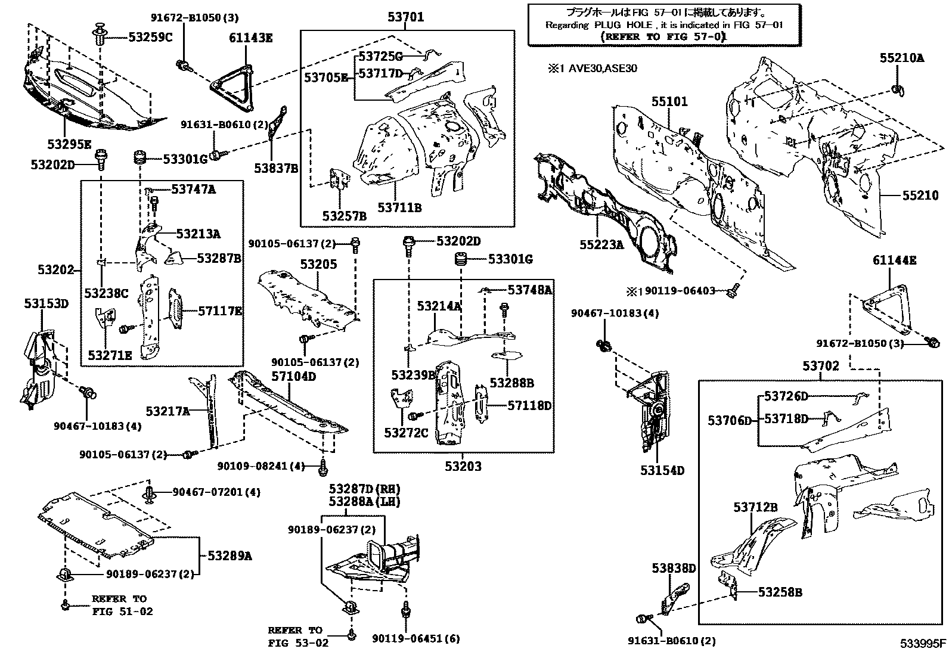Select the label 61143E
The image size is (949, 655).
pyautogui.click(x=250, y=38)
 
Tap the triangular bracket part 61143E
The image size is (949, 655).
pyautogui.click(x=233, y=87)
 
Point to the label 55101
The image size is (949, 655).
pyautogui.click(x=669, y=102)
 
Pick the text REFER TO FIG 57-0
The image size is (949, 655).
pyautogui.click(x=663, y=36)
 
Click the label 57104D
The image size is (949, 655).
pyautogui.click(x=294, y=376)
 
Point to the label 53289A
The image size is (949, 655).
pyautogui.click(x=230, y=556)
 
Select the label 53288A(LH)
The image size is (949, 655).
pyautogui.click(x=364, y=502)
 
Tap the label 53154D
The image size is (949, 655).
pyautogui.click(x=662, y=470)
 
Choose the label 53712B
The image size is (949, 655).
pyautogui.click(x=755, y=507)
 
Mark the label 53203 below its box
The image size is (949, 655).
pyautogui.click(x=463, y=466)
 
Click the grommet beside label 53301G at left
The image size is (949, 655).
pyautogui.click(x=141, y=159)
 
